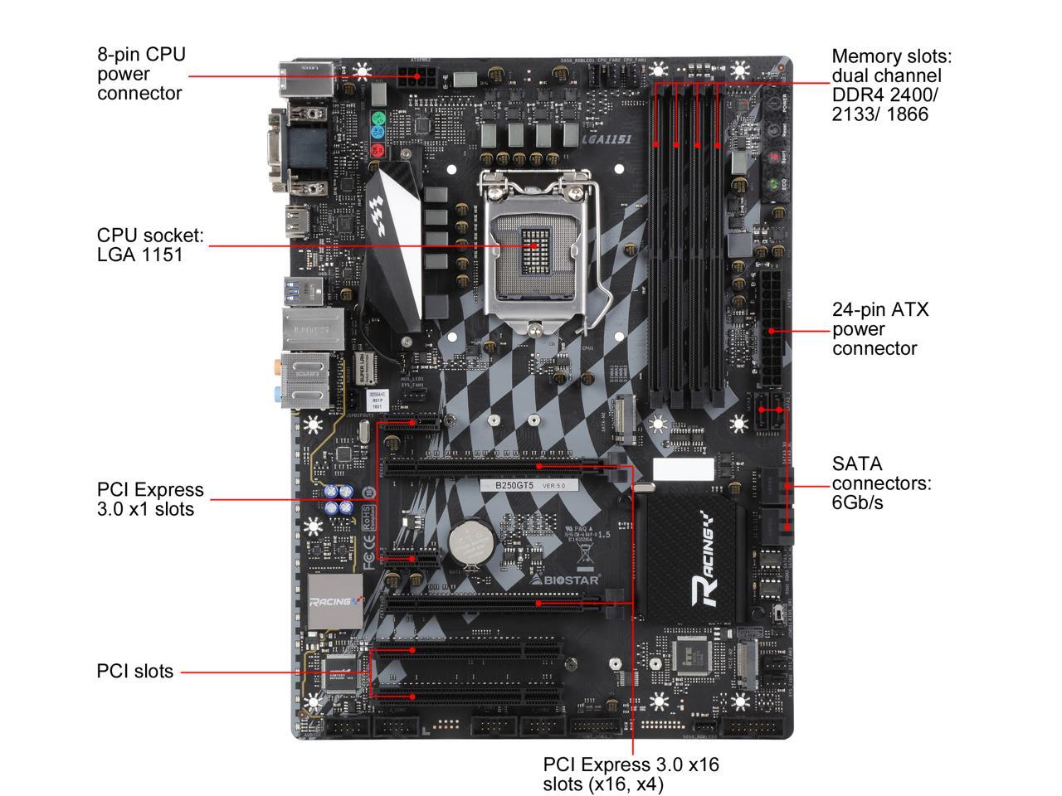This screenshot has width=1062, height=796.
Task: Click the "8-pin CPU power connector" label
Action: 141,74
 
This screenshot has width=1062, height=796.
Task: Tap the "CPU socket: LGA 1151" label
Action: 150,245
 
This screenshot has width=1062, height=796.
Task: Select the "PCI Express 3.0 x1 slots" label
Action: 150,499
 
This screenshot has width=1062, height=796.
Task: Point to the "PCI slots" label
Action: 135,671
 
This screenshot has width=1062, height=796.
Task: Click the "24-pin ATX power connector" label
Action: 880,329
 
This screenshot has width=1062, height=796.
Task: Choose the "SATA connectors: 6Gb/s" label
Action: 882,483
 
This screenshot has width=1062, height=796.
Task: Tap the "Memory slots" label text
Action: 892,85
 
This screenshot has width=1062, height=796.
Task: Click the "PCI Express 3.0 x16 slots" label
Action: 631,773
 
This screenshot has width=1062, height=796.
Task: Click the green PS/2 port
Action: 378,118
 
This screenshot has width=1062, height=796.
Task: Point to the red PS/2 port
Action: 378,151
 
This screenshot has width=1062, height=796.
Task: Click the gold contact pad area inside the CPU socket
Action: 532,245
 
